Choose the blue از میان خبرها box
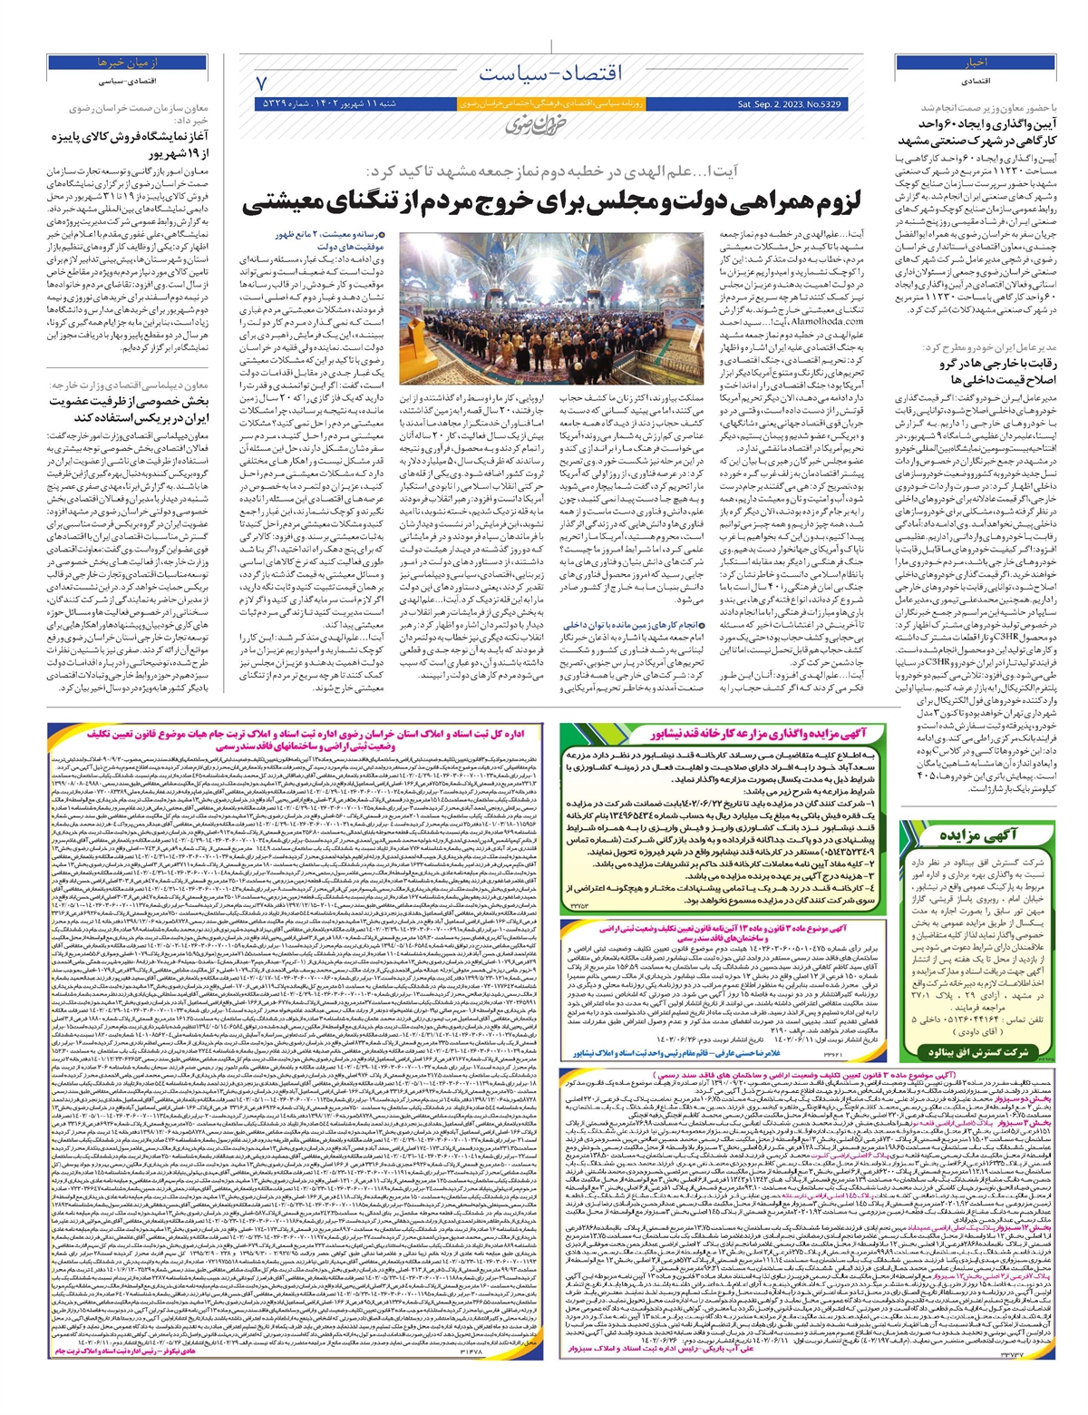[122, 63]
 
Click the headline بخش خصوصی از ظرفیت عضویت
[131, 407]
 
